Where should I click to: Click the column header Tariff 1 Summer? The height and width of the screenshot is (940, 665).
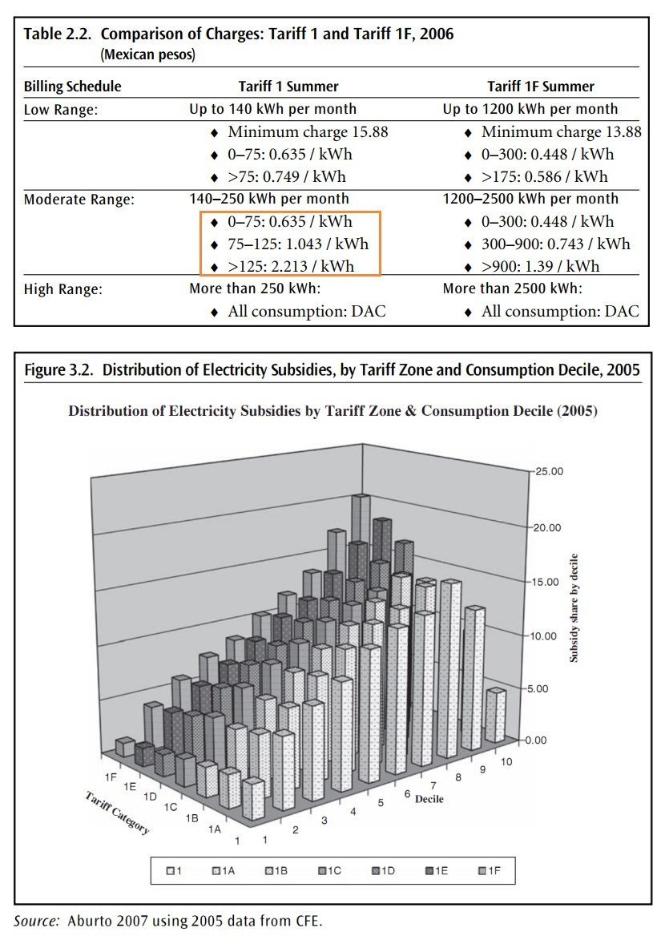pos(288,87)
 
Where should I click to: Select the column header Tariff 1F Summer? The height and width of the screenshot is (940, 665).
pos(541,87)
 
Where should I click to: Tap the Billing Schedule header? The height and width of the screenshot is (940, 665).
pos(72,87)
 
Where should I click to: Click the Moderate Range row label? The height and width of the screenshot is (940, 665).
pos(79,200)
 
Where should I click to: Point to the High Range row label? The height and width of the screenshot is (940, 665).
pos(63,289)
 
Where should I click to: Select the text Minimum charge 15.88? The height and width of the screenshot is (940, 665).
pos(308,132)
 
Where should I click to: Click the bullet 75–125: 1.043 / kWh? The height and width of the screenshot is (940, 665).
pos(298,244)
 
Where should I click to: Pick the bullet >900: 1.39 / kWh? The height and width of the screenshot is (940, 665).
pos(541,266)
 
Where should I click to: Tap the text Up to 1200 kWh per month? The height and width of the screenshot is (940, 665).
pos(530,109)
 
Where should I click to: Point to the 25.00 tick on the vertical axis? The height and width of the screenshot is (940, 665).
pos(550,471)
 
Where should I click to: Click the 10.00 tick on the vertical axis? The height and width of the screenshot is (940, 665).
pos(550,636)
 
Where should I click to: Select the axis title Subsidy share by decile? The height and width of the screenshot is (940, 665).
pos(574,607)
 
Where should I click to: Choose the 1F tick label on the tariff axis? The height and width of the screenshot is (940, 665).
pos(111,777)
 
